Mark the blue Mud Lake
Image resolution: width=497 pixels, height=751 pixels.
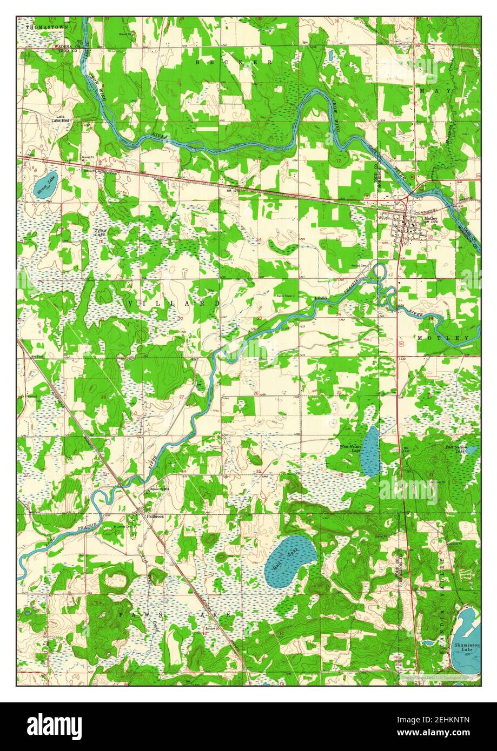[289, 561]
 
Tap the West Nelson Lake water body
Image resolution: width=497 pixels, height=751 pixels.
[370, 451]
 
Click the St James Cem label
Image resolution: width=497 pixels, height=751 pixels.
[122, 525]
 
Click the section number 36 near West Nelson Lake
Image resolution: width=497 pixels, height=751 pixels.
[340, 475]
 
